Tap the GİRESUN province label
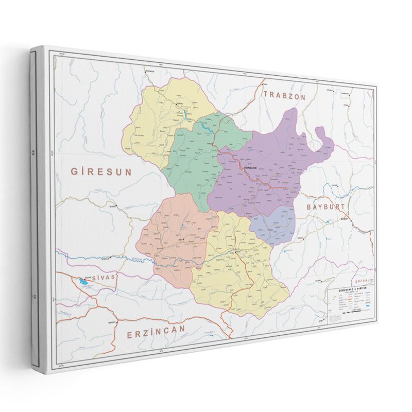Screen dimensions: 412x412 point(101,170)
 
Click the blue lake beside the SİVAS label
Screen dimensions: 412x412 point(83,282)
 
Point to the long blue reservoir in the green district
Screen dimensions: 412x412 point(204,125)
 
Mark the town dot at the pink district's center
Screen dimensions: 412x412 point(181,238)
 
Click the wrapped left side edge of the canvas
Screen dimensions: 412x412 point(38,206)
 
